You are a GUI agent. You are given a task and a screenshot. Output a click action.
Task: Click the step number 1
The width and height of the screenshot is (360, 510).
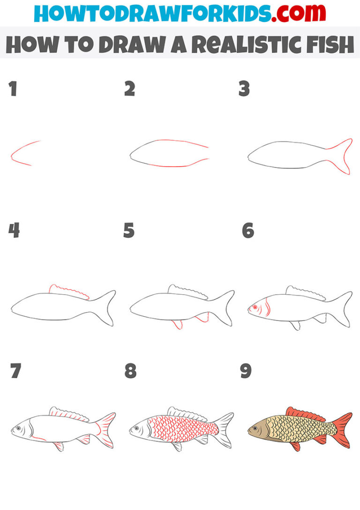13,89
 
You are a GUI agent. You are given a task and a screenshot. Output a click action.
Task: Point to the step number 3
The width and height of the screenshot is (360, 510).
244,89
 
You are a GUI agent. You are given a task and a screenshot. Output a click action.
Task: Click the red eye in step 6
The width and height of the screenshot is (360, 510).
255,307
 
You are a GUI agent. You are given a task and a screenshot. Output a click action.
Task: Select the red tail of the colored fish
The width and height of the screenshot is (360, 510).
344,430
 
